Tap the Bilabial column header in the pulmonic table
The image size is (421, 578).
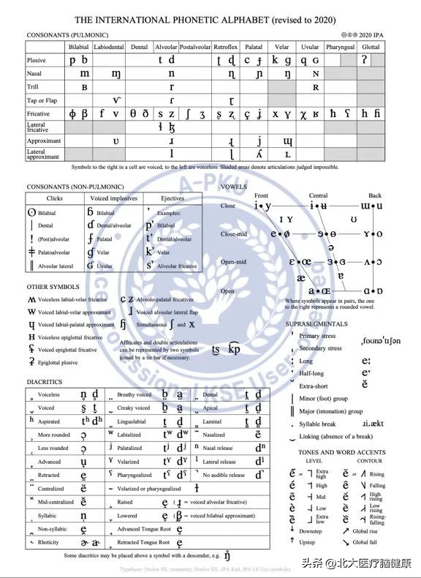[79, 47]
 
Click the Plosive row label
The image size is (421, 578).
[37, 61]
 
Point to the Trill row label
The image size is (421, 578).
[33, 87]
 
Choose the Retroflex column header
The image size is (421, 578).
[226, 47]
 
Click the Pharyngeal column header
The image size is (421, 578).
[340, 47]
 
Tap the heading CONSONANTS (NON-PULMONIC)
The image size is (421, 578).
[75, 187]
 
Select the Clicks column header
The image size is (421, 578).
[55, 198]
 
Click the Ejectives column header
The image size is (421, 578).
[172, 198]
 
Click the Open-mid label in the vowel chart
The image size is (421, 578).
[233, 262]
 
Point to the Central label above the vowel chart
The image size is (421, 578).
[319, 195]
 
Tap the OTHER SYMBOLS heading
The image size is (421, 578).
[53, 287]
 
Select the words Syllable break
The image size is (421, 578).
[317, 424]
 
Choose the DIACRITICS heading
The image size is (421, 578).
[45, 382]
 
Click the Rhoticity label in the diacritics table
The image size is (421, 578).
[50, 542]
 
